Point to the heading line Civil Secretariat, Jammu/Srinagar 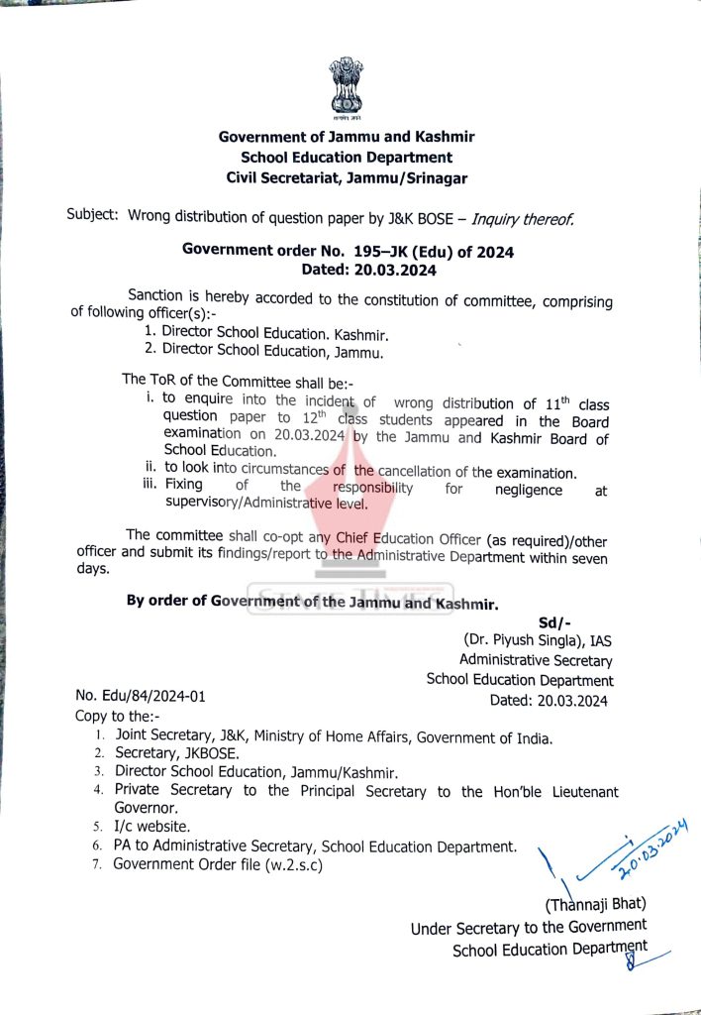pos(347,178)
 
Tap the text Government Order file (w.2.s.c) pos(219,863)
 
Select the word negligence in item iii pos(529,490)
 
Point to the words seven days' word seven pos(587,558)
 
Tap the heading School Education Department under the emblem pos(347,158)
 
